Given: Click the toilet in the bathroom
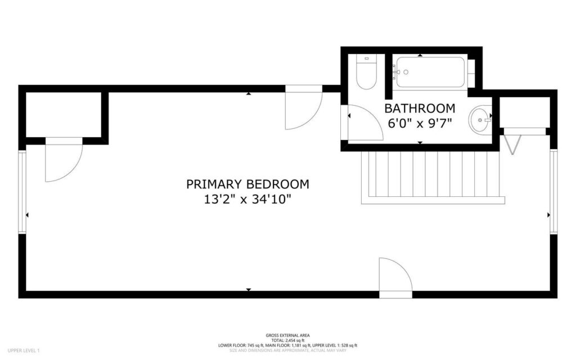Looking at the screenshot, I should (x=367, y=73).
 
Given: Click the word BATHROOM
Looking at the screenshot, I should (x=419, y=108).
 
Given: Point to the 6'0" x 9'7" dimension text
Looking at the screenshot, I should (x=419, y=123).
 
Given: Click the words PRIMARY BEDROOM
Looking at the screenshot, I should (x=247, y=184).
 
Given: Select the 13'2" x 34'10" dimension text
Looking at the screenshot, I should (x=247, y=199).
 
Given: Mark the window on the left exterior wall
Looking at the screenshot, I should (x=22, y=191).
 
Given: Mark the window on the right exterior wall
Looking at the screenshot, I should (x=553, y=191).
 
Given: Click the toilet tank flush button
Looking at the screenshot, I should (x=367, y=58).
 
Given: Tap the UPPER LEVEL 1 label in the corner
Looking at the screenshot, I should (x=23, y=350).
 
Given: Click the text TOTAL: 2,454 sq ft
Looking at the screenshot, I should (x=287, y=340).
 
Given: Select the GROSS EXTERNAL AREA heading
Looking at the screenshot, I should (x=287, y=335).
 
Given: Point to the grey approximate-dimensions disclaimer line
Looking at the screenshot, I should (x=287, y=350).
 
